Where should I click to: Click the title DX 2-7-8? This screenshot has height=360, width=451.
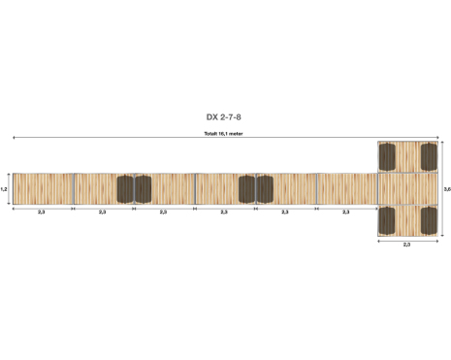[x=223, y=117]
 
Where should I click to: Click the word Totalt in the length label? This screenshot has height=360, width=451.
[x=210, y=133]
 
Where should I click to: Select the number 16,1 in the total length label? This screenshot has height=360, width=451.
[x=223, y=133]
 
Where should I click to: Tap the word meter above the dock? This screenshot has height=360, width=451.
[x=236, y=133]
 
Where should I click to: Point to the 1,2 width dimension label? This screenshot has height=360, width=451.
[x=4, y=189]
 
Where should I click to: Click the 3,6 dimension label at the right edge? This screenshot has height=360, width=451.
[x=447, y=189]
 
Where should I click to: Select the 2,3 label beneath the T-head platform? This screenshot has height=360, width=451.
[x=406, y=245]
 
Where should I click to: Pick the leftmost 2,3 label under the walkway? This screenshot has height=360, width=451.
[x=42, y=213]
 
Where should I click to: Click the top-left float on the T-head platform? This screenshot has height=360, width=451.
[x=387, y=157]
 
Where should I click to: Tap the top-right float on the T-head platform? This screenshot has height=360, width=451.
[x=429, y=156]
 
